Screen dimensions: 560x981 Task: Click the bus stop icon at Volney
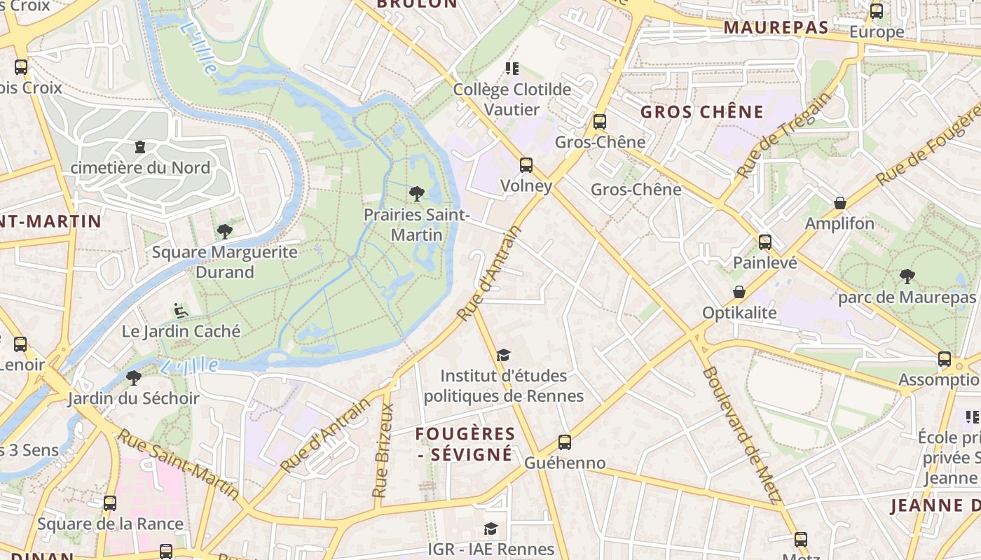[526, 165]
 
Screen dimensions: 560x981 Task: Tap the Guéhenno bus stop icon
[565, 442]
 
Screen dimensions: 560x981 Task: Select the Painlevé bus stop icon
[764, 242]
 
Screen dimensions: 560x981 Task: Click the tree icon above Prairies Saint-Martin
[416, 193]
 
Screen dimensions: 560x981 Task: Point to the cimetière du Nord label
[140, 168]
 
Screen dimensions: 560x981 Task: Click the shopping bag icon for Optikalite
[739, 292]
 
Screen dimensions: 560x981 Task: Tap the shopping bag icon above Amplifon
[839, 203]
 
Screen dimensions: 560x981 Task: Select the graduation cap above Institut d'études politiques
[503, 356]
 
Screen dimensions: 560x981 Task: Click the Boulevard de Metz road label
[741, 434]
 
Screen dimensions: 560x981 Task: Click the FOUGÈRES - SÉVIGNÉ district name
[465, 444]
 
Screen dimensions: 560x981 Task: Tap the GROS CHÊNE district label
[701, 112]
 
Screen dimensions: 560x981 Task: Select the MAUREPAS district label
[776, 28]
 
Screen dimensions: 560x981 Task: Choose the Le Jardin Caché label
[181, 331]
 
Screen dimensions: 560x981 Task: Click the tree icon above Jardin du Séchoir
[133, 378]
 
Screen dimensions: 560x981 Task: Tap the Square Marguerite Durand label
[224, 262]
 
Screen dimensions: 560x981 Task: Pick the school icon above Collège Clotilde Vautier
[512, 69]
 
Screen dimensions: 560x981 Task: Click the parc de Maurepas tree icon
[907, 276]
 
